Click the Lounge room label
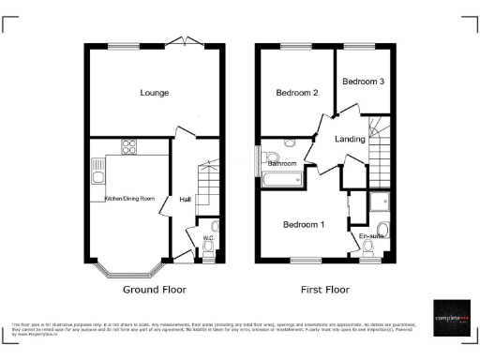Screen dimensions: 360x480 coord(155,93)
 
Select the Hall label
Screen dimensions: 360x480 coord(185,199)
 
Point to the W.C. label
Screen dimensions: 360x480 coord(211,238)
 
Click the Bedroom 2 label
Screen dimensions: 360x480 coord(296,94)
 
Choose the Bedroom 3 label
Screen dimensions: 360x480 coord(363,82)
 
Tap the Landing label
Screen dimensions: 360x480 coord(351,140)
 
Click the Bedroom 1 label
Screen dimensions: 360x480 coord(304,225)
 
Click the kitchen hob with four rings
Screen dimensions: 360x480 coord(128,146)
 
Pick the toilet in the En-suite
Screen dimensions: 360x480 coord(382,232)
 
